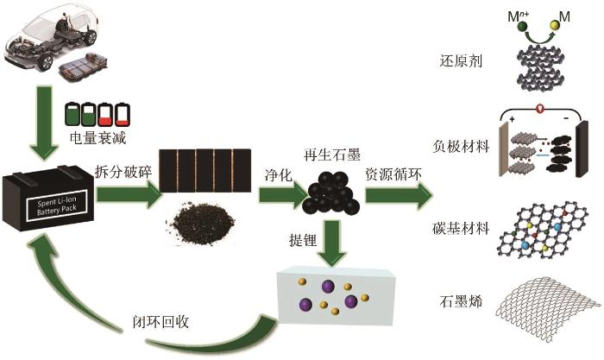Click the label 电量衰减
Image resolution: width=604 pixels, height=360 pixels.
[98, 137]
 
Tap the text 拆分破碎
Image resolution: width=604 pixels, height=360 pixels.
[123, 172]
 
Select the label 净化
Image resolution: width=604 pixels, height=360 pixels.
[278, 175]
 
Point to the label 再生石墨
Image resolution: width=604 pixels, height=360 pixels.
[332, 155]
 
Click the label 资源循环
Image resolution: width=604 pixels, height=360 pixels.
[393, 174]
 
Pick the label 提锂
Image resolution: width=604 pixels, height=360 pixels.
[303, 240]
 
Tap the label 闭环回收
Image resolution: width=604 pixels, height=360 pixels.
[160, 321]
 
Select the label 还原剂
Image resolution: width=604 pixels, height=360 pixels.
[461, 60]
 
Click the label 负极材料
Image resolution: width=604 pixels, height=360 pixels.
[461, 147]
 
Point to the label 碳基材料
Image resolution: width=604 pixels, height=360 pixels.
[461, 228]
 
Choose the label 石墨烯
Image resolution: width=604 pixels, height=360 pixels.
[461, 301]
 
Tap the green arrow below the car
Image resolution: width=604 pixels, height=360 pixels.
[44, 123]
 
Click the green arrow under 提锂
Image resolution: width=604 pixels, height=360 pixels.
[332, 243]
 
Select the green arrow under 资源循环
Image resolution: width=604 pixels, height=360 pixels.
[399, 196]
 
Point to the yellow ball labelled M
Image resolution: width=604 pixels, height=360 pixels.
[554, 25]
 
